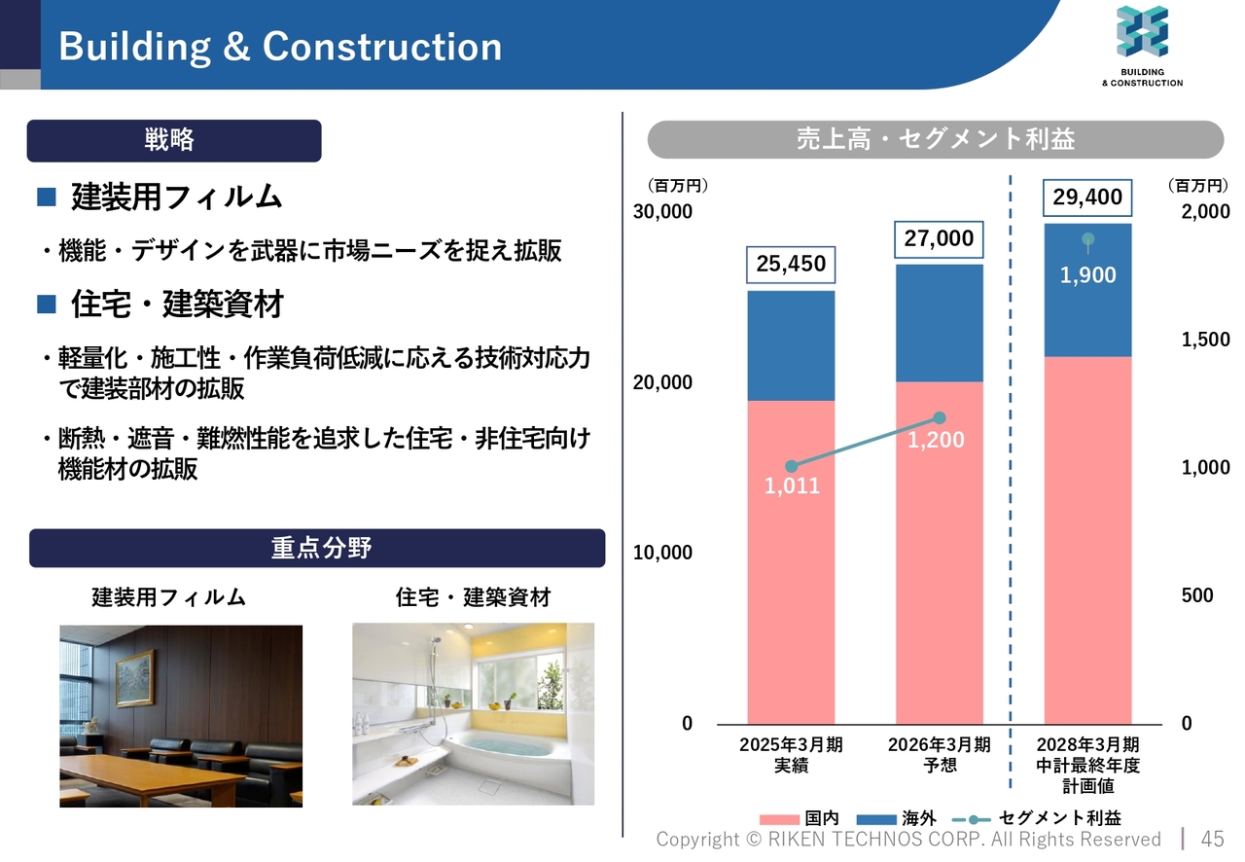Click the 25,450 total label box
tap(791, 265)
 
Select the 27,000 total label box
tap(939, 239)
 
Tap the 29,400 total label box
tap(1087, 198)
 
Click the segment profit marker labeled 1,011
tap(791, 467)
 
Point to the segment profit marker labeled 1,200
tap(940, 417)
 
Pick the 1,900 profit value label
tap(1087, 275)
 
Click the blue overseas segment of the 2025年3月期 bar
tap(791, 345)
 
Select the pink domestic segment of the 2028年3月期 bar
tap(1087, 540)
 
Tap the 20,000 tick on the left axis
tap(662, 382)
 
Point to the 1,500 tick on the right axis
tap(1205, 340)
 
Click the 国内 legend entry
tap(800, 818)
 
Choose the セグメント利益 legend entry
tap(1037, 818)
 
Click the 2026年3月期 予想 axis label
tap(940, 755)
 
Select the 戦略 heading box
tap(174, 141)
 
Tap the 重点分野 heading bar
tap(317, 549)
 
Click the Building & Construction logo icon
tap(1142, 31)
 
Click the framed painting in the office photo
tap(134, 677)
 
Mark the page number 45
tap(1212, 839)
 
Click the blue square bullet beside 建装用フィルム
tap(47, 197)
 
